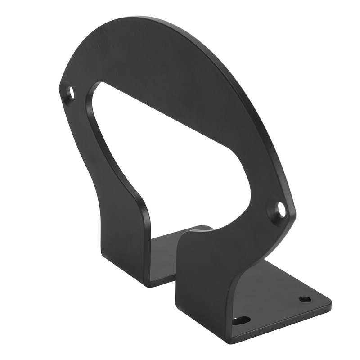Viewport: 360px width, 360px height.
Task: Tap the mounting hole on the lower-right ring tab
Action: click(281, 210)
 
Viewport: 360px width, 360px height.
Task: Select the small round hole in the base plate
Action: click(305, 299)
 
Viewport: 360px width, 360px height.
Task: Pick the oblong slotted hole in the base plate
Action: click(242, 320)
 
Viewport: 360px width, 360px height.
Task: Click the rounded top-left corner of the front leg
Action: click(182, 238)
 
